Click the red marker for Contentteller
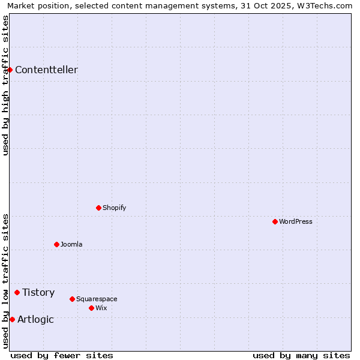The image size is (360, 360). (x=10, y=70)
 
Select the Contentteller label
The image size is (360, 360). (x=46, y=70)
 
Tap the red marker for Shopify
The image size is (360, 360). (x=98, y=208)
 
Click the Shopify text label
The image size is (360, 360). (x=114, y=208)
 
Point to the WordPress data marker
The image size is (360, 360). (x=275, y=221)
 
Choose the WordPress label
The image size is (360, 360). (x=295, y=221)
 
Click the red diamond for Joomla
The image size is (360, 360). (x=56, y=244)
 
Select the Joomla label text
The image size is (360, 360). (x=71, y=244)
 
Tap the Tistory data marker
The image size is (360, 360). (x=17, y=292)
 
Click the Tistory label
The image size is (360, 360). (x=38, y=292)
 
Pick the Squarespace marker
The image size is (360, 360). (x=72, y=299)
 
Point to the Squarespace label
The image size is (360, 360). (x=97, y=299)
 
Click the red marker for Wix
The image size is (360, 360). (x=91, y=308)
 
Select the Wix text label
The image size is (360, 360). (x=101, y=308)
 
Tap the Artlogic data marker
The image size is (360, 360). (x=12, y=319)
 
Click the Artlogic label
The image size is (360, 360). (x=35, y=319)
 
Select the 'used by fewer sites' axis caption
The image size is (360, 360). (x=62, y=355)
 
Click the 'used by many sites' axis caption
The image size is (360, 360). (x=301, y=355)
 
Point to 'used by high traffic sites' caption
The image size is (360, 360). (x=5, y=85)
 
